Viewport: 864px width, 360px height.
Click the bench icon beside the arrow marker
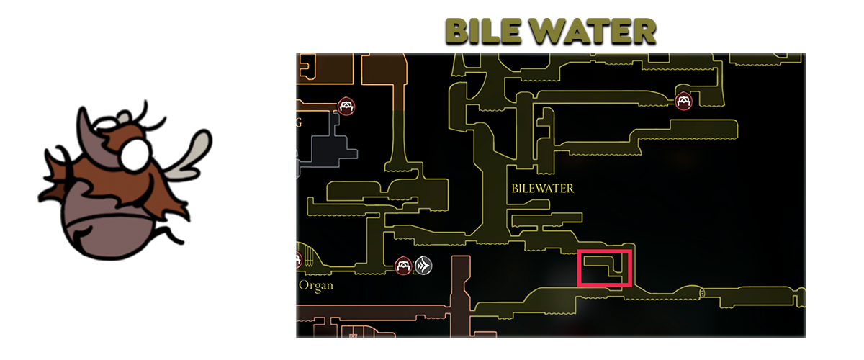point(404,266)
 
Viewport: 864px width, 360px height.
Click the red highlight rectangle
point(605,269)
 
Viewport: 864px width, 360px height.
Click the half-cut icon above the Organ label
point(299,259)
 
